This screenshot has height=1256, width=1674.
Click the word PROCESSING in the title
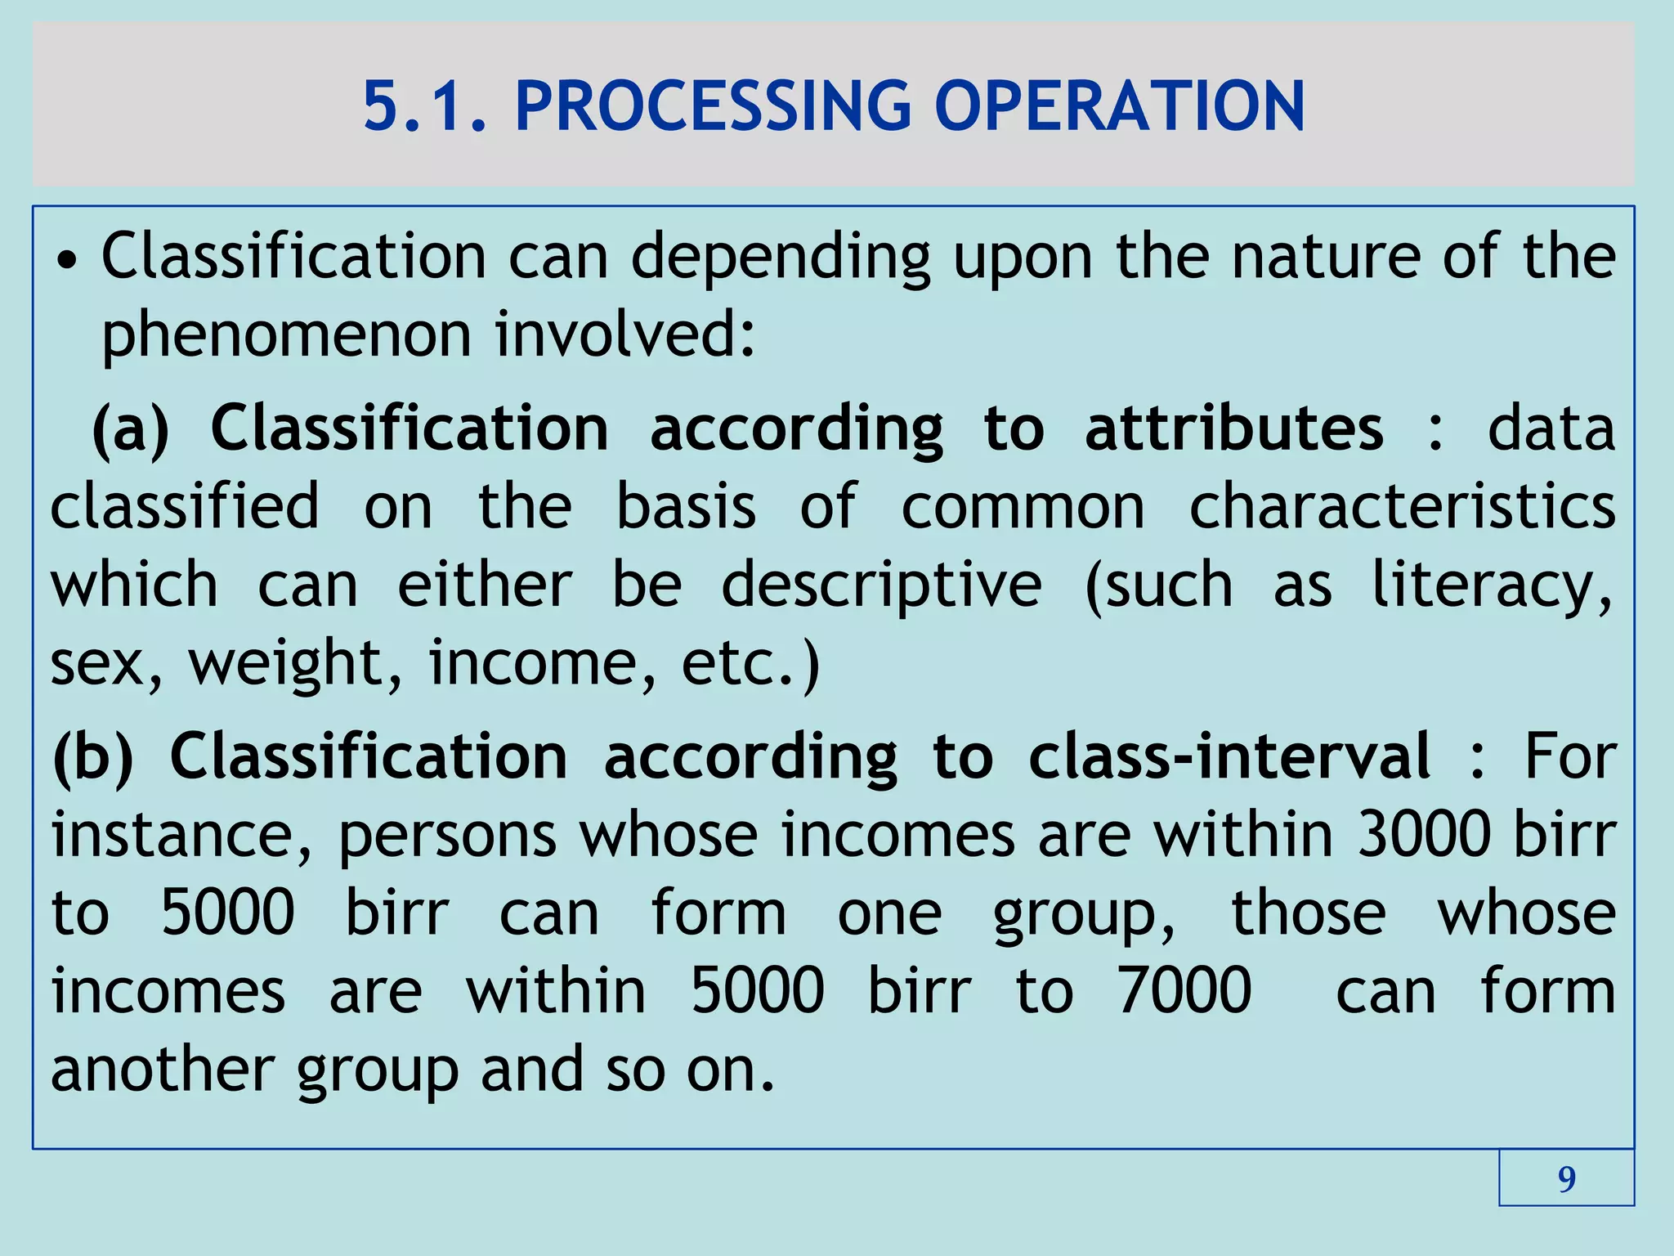pos(712,105)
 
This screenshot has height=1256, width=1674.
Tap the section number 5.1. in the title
pos(425,105)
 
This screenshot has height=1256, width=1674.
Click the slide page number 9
pos(1566,1178)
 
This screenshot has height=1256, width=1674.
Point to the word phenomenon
pos(286,335)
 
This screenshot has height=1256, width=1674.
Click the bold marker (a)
pos(131,428)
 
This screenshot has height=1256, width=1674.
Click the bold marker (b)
pos(92,757)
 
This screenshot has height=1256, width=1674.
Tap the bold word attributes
pos(1234,428)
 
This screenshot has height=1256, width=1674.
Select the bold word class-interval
pos(1229,757)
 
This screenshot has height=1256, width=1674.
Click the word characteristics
pos(1402,506)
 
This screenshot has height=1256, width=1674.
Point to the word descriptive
pos(881,585)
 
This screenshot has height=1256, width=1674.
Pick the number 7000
pos(1184,991)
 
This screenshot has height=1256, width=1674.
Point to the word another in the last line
pos(163,1069)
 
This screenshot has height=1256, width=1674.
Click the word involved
pos(625,335)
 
